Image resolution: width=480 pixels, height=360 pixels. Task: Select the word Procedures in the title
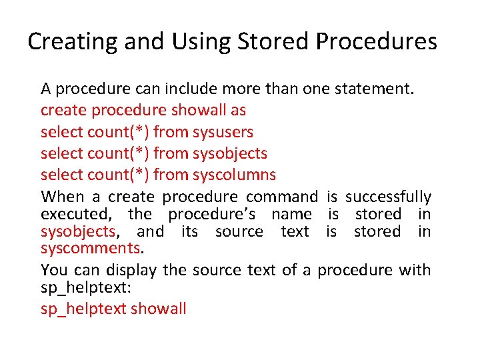[377, 42]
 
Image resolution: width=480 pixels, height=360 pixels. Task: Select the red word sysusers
[223, 132]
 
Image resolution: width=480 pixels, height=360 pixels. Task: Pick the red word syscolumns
[234, 175]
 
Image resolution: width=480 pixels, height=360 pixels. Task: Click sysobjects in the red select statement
[229, 153]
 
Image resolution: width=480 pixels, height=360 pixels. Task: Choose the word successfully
[388, 197]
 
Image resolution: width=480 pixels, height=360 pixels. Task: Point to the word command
[282, 197]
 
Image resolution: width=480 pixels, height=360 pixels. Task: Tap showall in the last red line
[159, 309]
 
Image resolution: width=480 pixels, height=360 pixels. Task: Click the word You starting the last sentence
[53, 270]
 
